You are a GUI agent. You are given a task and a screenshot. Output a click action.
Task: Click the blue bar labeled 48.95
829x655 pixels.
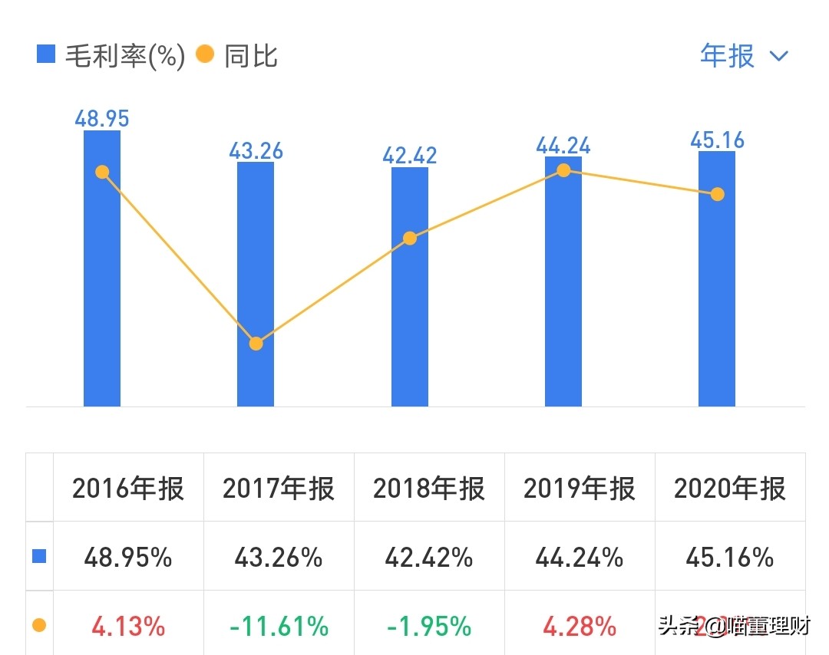[102, 291]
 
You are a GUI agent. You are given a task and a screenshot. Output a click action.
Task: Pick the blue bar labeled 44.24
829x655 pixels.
[563, 291]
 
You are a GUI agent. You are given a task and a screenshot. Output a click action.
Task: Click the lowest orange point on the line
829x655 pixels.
[256, 344]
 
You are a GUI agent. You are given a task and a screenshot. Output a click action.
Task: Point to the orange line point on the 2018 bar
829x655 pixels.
[410, 239]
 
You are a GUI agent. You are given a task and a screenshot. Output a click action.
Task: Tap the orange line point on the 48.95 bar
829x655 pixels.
[102, 172]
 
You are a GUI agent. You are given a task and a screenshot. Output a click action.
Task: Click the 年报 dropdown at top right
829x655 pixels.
[744, 56]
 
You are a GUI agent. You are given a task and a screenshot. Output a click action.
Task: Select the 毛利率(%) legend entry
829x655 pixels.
[112, 56]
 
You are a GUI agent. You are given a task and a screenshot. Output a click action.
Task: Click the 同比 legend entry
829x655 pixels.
[238, 56]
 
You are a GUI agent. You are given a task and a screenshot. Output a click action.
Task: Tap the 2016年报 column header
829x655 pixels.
[128, 489]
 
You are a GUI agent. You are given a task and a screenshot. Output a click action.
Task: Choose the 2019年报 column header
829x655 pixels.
[580, 489]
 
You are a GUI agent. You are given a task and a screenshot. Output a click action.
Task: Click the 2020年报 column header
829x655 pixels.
[730, 489]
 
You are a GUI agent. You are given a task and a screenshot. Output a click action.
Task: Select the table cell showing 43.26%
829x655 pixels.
[279, 558]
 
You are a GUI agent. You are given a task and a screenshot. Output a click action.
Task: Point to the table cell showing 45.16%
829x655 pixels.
[730, 558]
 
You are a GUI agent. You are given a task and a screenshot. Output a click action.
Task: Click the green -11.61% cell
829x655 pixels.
[279, 627]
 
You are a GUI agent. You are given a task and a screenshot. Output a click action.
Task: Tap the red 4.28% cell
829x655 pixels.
[580, 627]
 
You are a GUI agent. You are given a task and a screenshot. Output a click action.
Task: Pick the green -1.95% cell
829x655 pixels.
[429, 627]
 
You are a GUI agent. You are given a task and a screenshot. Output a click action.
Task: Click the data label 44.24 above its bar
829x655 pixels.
[563, 145]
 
